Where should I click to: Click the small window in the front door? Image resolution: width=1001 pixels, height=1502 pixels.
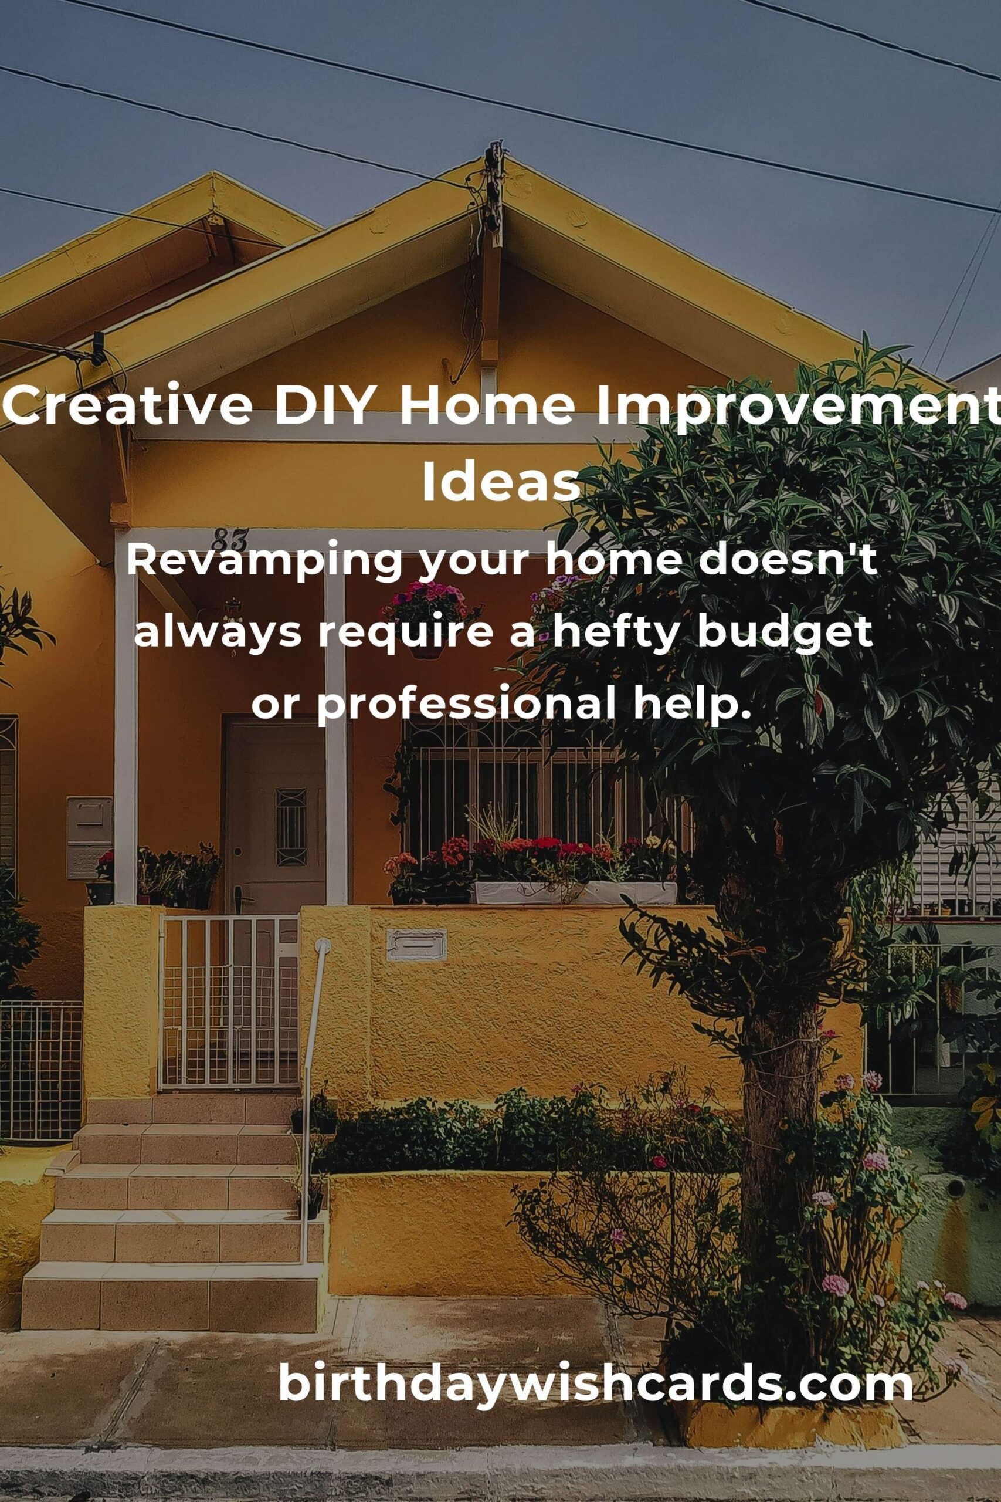tap(291, 827)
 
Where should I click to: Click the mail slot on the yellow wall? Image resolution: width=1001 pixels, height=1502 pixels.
tap(416, 945)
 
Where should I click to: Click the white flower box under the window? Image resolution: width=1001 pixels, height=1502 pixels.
tap(575, 893)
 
